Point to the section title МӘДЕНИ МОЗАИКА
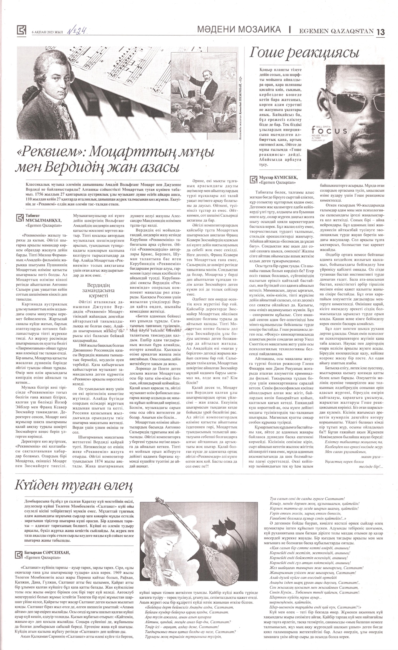[239, 30]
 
